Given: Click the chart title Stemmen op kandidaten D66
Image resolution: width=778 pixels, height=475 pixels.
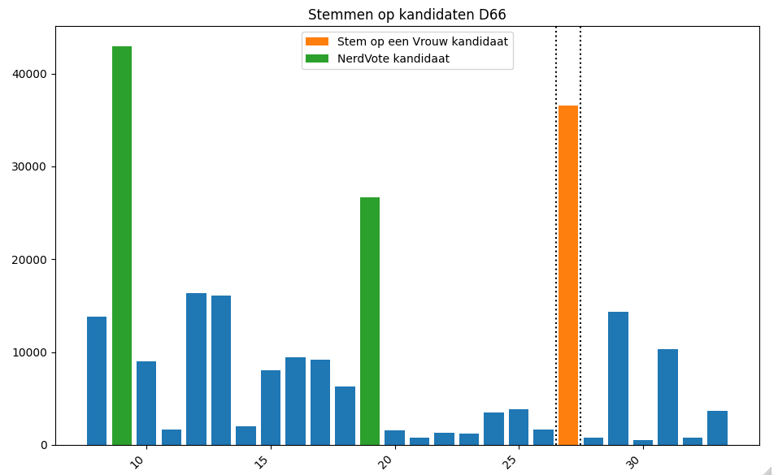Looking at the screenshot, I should tap(406, 15).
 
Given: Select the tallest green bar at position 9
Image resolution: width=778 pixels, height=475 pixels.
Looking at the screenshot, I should tap(122, 244).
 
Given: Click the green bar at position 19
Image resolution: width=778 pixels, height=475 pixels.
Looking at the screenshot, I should tap(370, 321).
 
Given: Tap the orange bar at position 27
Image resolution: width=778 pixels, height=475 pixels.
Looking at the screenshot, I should tap(568, 276).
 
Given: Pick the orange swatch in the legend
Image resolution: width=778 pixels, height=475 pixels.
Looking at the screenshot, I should tap(317, 41).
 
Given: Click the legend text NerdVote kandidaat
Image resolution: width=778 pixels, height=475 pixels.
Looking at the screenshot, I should tap(393, 58).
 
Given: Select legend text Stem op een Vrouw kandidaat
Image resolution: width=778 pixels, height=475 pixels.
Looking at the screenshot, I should tap(423, 41).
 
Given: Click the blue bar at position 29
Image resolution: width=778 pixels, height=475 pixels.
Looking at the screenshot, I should tap(618, 378).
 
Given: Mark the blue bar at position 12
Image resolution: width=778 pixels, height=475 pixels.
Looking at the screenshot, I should tap(196, 369).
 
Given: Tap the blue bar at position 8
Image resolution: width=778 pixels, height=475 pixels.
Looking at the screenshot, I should tap(97, 381).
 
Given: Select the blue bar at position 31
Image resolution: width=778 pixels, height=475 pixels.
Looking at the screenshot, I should tap(667, 397).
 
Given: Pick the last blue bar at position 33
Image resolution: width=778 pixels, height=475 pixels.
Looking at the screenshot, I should tap(717, 428).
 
